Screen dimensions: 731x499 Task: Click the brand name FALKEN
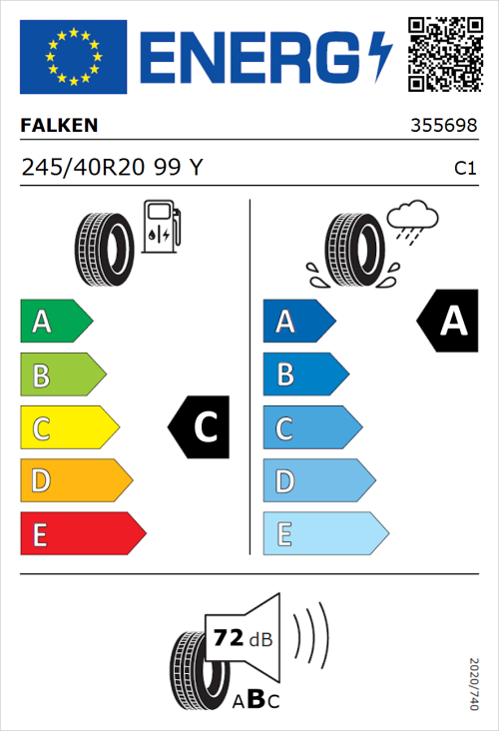point(59,126)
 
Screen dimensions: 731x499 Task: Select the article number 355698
point(443,127)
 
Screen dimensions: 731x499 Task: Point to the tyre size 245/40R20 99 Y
point(111,168)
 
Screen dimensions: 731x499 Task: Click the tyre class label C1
point(464,169)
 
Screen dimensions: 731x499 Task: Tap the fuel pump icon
point(161,227)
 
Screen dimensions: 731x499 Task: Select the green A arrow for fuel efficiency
point(55,322)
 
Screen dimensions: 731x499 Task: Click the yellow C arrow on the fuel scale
point(68,428)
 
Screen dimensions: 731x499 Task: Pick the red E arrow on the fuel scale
point(81,534)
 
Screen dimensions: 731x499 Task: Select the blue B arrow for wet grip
point(304,374)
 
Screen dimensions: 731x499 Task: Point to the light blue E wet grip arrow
point(323,534)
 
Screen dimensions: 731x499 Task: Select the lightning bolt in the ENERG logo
point(380,57)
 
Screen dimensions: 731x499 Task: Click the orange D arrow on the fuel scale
point(75,481)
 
